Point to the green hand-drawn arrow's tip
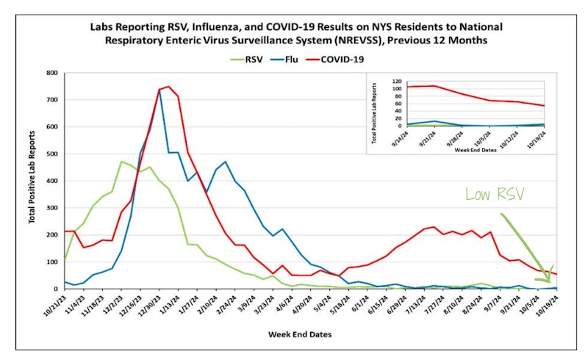tap(548, 281)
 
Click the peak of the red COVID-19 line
tap(168, 87)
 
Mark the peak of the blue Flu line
tap(159, 90)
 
